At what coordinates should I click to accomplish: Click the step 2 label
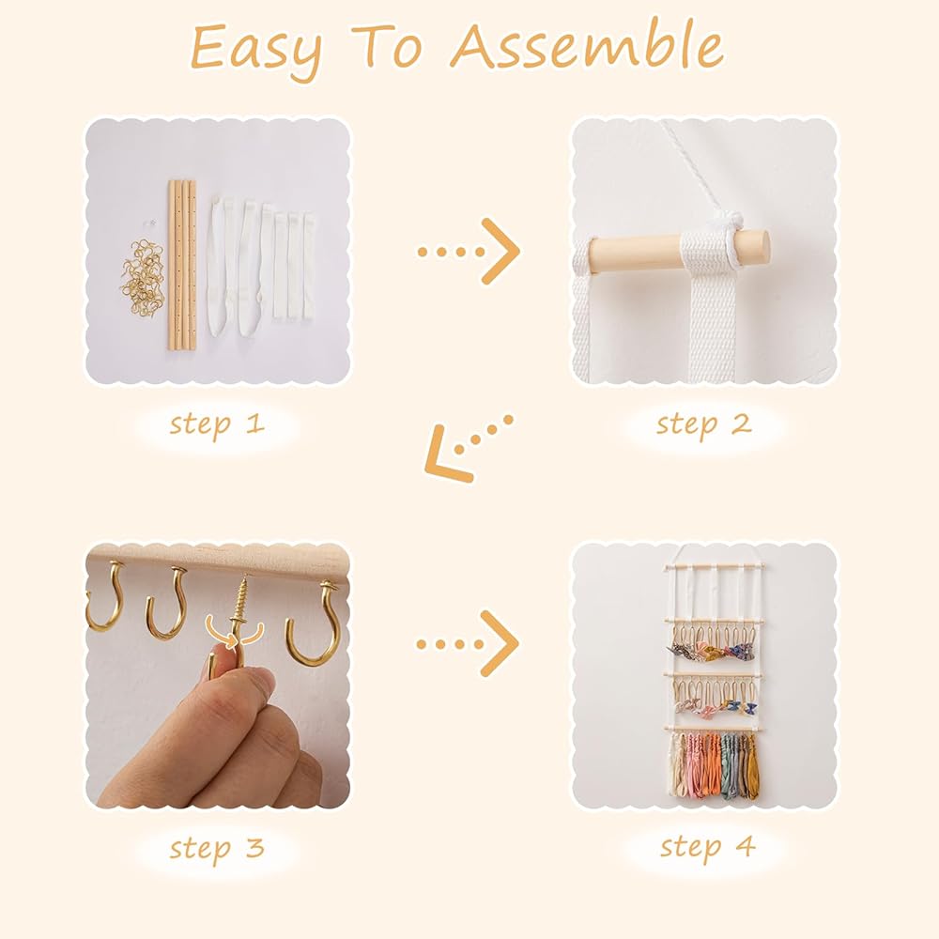coord(703,425)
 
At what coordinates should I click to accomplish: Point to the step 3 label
coord(217,849)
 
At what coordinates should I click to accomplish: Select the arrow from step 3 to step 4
coord(467,644)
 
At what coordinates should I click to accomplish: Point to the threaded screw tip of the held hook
coord(244,599)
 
